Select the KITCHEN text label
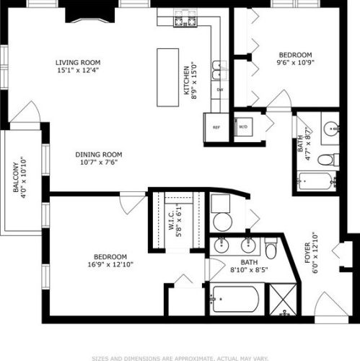click(x=185, y=79)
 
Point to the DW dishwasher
click(x=220, y=89)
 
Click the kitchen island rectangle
click(x=167, y=77)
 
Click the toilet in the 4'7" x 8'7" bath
click(x=327, y=159)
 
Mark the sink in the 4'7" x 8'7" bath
click(x=332, y=129)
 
